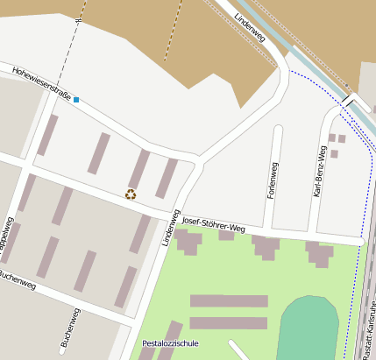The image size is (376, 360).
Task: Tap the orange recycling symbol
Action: coord(131,194)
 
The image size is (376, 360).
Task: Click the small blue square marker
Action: coord(76,100)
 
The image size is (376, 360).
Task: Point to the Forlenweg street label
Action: coord(272,180)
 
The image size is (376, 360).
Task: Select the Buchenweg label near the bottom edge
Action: coord(70,328)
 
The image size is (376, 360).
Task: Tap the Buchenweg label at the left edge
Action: coord(16,277)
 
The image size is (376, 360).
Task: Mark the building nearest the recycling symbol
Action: coord(138,169)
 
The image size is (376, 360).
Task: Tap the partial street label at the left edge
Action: coord(6,236)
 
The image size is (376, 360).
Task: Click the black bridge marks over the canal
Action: coord(350,102)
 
